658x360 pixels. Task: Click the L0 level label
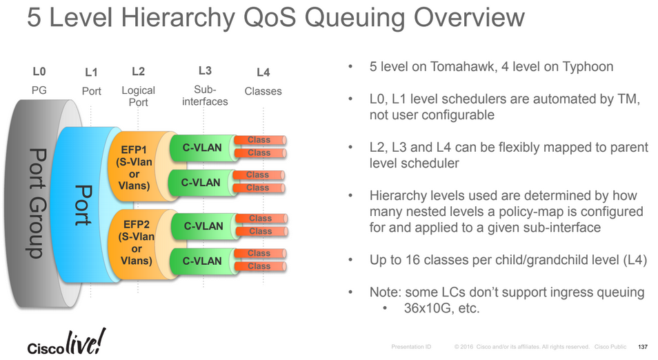(x=39, y=71)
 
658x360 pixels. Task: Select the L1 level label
(x=91, y=72)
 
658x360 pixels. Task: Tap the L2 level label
(x=138, y=71)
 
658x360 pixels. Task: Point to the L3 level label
(x=205, y=70)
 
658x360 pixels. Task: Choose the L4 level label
(x=263, y=72)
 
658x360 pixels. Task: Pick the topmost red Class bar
(x=259, y=140)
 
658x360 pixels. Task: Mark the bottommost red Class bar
(x=259, y=266)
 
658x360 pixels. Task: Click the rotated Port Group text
(x=32, y=203)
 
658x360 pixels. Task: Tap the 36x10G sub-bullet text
(x=441, y=308)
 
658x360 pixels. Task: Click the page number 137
(x=644, y=346)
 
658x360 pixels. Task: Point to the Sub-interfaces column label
(x=205, y=96)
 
